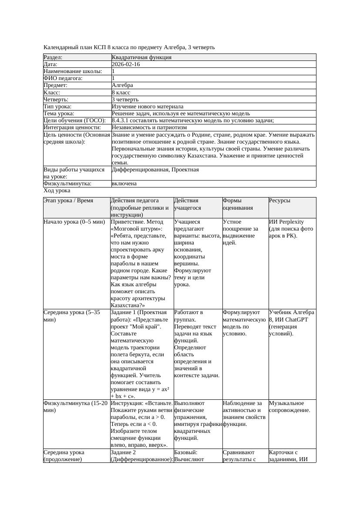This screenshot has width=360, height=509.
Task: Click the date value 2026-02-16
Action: click(x=126, y=64)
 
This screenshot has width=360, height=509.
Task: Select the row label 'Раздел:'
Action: click(x=53, y=57)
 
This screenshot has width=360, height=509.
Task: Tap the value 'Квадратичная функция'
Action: click(x=141, y=57)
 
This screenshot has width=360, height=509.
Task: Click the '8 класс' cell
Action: click(x=121, y=93)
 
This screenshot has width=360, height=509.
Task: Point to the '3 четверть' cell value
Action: click(x=125, y=100)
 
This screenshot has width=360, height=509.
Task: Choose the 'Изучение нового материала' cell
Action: click(x=148, y=107)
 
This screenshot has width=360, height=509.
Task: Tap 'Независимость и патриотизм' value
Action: click(x=149, y=127)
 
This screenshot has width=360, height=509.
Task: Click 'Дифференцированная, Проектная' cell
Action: click(x=155, y=170)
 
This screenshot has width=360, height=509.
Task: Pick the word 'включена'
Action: click(x=124, y=184)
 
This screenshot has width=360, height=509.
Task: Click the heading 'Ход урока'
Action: click(x=57, y=191)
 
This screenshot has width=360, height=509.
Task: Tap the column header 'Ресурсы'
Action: click(x=279, y=201)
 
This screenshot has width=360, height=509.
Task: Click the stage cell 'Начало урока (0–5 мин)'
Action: click(x=74, y=222)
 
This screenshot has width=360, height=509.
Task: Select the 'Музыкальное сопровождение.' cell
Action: click(x=289, y=406)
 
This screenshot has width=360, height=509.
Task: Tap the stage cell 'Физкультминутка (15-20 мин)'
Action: click(x=75, y=406)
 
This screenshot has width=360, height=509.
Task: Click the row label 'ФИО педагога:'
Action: click(x=63, y=78)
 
